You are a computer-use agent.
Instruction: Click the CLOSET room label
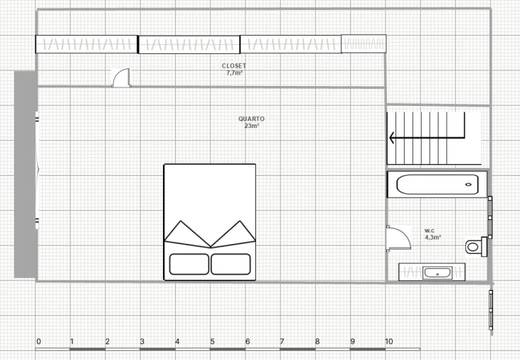(x=234, y=66)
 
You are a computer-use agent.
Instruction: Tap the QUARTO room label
(x=251, y=119)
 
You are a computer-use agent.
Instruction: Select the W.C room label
(x=430, y=231)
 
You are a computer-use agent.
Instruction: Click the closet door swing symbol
(x=121, y=78)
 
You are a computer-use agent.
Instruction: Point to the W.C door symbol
(x=398, y=238)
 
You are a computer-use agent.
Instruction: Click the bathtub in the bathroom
(x=437, y=184)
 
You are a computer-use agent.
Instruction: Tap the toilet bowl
(x=472, y=247)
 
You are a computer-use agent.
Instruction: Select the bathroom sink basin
(x=437, y=273)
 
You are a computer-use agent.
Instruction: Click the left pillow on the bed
(x=189, y=264)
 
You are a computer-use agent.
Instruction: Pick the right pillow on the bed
(x=230, y=264)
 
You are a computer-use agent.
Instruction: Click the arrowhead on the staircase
(x=391, y=138)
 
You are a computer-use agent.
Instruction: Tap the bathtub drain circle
(x=468, y=184)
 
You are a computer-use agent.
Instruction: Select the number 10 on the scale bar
(x=388, y=342)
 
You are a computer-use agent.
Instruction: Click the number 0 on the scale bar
(x=39, y=342)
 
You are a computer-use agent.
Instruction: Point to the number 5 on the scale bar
(x=212, y=342)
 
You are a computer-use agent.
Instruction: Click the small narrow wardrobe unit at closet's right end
(x=364, y=43)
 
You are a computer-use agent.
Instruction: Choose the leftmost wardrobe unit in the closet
(x=87, y=44)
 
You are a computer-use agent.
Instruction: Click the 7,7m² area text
(x=234, y=73)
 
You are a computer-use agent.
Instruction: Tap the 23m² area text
(x=252, y=126)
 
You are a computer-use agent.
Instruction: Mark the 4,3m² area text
(x=433, y=237)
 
